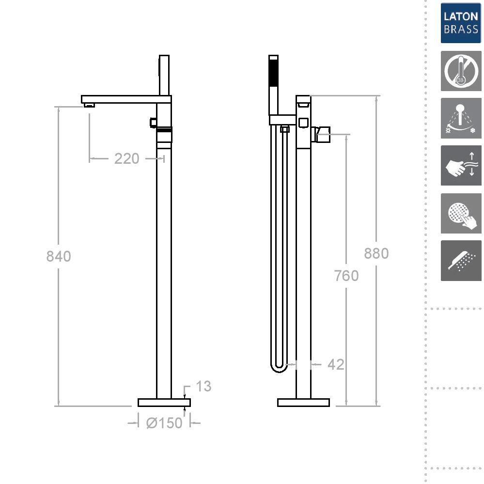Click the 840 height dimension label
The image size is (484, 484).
59,256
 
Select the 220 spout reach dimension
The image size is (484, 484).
127,158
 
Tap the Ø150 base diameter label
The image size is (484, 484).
164,423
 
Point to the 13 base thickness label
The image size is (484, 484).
203,386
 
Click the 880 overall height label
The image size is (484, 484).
376,253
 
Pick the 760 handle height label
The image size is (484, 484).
346,276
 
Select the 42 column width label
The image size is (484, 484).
336,364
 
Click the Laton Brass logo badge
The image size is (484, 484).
461,23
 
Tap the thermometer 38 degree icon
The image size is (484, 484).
461,71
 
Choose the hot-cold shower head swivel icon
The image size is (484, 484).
461,118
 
